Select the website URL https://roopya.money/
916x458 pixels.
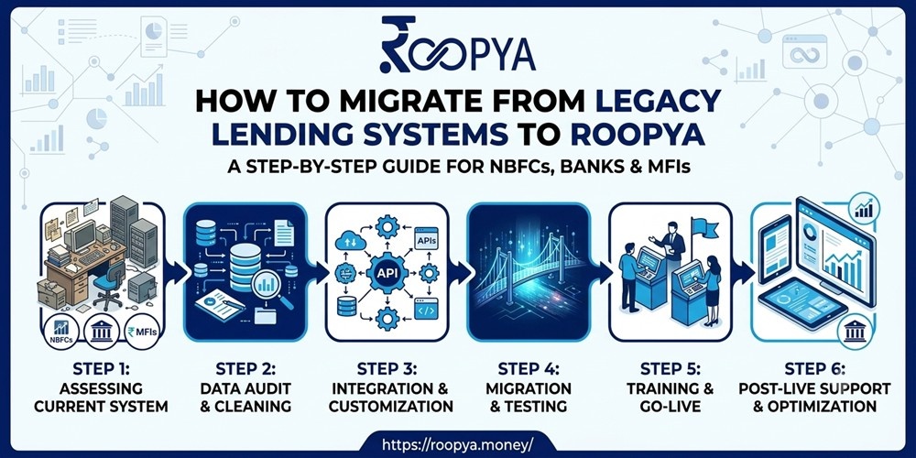click(457, 444)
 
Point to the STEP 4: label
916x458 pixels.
click(529, 368)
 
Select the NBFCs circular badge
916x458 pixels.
click(60, 332)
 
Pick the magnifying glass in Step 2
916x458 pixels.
click(270, 289)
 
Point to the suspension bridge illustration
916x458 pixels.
click(529, 272)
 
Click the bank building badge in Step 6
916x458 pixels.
click(855, 332)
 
